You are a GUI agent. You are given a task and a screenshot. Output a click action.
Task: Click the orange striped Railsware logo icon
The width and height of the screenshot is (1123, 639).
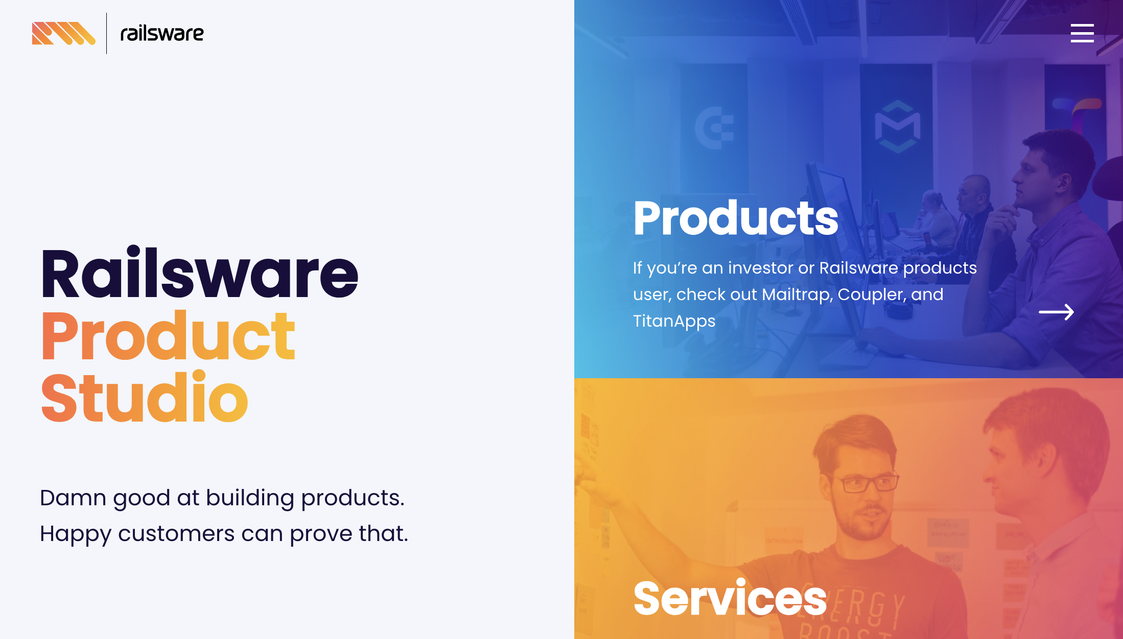(64, 33)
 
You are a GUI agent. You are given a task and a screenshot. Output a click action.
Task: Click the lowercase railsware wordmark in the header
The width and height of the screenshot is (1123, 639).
(162, 34)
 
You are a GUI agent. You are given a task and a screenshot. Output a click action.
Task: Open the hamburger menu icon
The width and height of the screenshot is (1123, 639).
(1082, 33)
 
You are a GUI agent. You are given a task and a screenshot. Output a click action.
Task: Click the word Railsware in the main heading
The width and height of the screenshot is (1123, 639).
(200, 273)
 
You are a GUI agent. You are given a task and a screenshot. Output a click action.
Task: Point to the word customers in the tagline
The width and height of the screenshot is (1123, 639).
(176, 534)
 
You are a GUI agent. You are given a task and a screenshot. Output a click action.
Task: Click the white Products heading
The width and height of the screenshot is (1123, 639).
(736, 218)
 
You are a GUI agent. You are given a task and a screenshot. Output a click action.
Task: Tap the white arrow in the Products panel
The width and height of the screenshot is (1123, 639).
(1057, 312)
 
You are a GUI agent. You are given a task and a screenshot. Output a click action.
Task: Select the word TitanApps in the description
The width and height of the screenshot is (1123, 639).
(674, 322)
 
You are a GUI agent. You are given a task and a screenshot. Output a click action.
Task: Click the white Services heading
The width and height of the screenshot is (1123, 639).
(730, 598)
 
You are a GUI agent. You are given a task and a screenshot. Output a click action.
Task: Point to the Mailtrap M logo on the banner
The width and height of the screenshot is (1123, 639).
(898, 127)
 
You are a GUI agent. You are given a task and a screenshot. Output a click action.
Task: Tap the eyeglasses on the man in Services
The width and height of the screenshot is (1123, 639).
(868, 482)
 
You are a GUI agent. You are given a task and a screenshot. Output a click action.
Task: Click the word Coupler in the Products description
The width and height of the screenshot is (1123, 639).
(872, 295)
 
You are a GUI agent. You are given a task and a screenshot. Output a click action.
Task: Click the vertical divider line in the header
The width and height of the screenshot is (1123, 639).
(106, 33)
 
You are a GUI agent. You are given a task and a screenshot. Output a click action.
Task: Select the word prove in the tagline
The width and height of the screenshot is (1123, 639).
(321, 534)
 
